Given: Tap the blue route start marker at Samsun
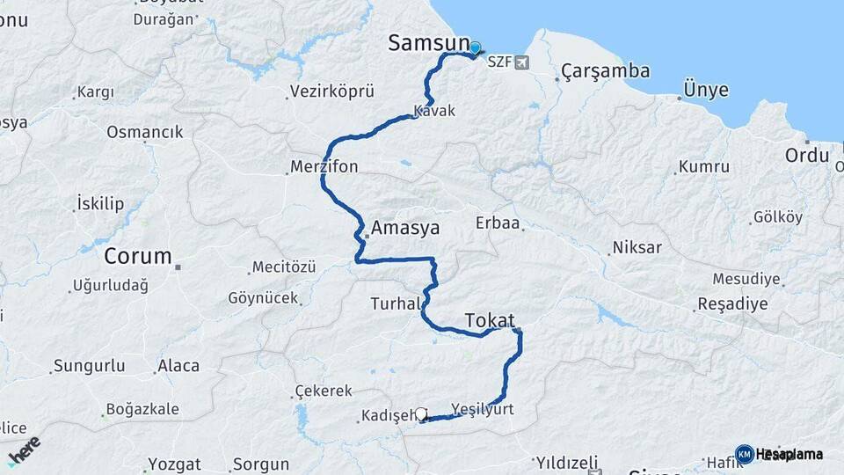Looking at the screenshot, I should pyautogui.click(x=476, y=49).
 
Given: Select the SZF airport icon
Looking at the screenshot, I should pyautogui.click(x=524, y=62).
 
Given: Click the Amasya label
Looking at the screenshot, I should pyautogui.click(x=405, y=228).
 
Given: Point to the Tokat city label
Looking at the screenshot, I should pyautogui.click(x=489, y=319).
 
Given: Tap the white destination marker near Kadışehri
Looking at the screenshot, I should pyautogui.click(x=422, y=413).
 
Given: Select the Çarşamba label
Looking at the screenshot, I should pyautogui.click(x=605, y=70).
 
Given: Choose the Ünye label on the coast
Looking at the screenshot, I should pyautogui.click(x=706, y=90).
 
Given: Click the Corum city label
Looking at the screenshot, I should pyautogui.click(x=138, y=257).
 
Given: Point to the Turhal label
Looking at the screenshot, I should pyautogui.click(x=393, y=303).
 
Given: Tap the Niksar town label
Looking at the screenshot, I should pyautogui.click(x=637, y=246).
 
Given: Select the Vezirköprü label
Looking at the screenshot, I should pyautogui.click(x=332, y=91).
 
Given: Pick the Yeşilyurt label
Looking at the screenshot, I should pyautogui.click(x=482, y=409).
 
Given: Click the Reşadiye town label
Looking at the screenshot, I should pyautogui.click(x=732, y=303).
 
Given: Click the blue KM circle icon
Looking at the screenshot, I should pyautogui.click(x=744, y=454).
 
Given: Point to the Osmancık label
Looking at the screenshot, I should pyautogui.click(x=145, y=132).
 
